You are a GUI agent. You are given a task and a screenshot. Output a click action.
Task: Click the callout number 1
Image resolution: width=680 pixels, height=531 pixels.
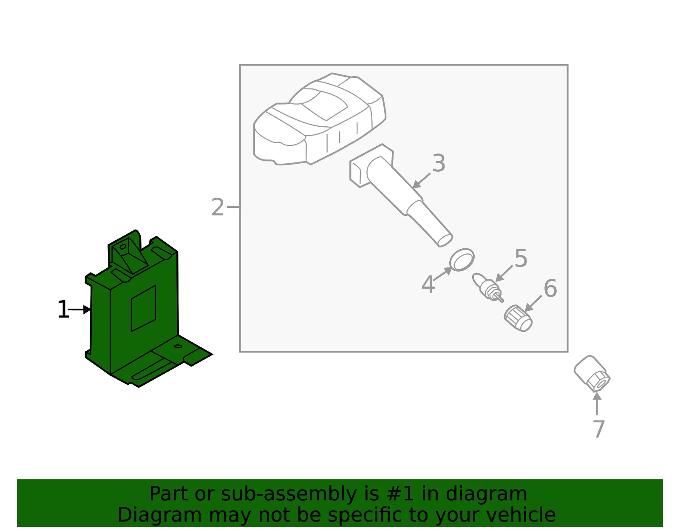pos(63,309)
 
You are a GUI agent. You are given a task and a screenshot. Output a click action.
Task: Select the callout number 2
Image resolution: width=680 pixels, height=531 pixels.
pos(218,207)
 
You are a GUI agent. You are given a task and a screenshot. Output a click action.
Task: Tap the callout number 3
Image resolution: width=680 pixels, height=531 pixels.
pos(439,163)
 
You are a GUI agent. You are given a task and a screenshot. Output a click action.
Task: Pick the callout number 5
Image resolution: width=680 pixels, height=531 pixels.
pos(521,258)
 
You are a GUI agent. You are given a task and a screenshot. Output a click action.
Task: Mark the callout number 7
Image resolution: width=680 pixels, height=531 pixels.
pos(599,429)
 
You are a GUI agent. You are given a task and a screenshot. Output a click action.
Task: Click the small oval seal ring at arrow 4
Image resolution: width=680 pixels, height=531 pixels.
pos(462,260)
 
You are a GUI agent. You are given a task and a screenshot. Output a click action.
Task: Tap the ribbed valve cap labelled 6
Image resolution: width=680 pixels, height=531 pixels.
pos(518,318)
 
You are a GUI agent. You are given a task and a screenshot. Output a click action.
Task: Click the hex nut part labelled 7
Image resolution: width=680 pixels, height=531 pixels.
pos(592,374)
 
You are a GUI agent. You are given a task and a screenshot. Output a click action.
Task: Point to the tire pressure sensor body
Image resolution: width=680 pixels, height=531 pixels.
pos(320,119)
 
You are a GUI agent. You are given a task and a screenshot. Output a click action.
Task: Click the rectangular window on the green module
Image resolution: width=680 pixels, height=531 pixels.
pos(143,308)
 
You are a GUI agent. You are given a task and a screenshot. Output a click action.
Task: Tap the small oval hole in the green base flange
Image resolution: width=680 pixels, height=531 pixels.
pos(178,346)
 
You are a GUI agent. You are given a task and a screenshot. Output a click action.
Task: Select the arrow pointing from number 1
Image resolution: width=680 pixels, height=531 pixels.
pos(79,310)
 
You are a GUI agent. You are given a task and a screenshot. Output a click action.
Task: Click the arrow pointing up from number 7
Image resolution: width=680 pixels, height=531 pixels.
pos(597,403)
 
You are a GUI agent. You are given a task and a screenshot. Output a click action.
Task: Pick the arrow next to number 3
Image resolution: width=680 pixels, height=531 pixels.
pos(421,181)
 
